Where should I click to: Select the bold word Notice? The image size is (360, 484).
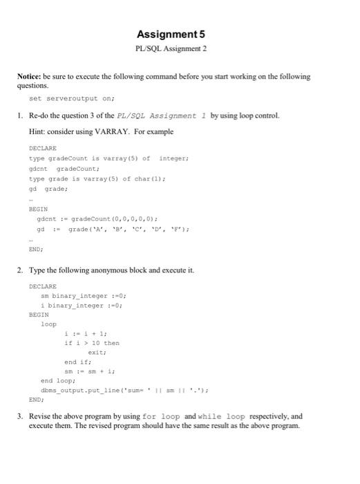[x=31, y=77]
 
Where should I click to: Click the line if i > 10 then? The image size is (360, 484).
[x=91, y=342]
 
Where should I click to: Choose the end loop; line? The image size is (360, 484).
[x=58, y=380]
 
